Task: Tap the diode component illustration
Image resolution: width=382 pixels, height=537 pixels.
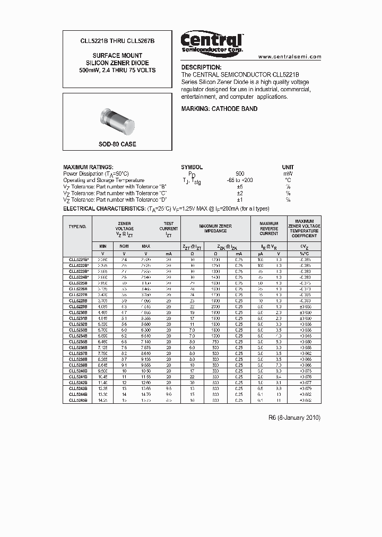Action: pos(117,120)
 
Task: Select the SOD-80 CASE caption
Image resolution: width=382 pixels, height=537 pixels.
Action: pos(117,144)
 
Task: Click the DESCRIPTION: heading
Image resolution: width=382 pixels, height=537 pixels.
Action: pos(202,67)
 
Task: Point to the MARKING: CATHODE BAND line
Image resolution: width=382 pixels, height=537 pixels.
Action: pos(219,109)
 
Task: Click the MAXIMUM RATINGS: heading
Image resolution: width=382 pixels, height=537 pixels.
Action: pos(88,167)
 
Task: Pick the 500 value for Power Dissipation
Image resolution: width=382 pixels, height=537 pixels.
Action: pos(240,174)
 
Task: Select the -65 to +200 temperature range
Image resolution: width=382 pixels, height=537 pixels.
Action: pos(239,180)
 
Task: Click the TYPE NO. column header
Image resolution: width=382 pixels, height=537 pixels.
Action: pos(77,226)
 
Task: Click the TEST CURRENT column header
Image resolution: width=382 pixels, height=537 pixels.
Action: pos(169,228)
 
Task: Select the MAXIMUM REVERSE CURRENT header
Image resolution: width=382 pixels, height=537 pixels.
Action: pos(269,229)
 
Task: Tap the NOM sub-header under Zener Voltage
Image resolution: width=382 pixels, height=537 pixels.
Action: pos(124,246)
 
